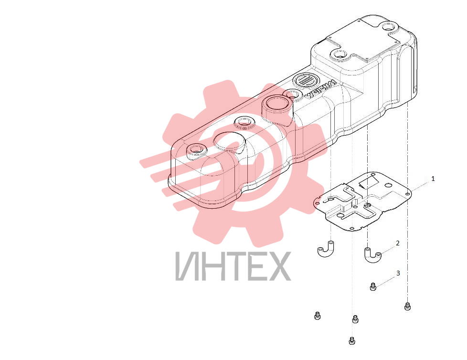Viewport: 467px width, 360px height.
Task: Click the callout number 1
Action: tap(433, 179)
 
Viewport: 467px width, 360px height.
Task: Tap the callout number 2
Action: tap(398, 244)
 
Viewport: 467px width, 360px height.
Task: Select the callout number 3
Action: tap(398, 273)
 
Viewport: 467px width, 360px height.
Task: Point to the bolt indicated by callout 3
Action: tap(372, 286)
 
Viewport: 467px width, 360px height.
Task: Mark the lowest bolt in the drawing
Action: tap(352, 340)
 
